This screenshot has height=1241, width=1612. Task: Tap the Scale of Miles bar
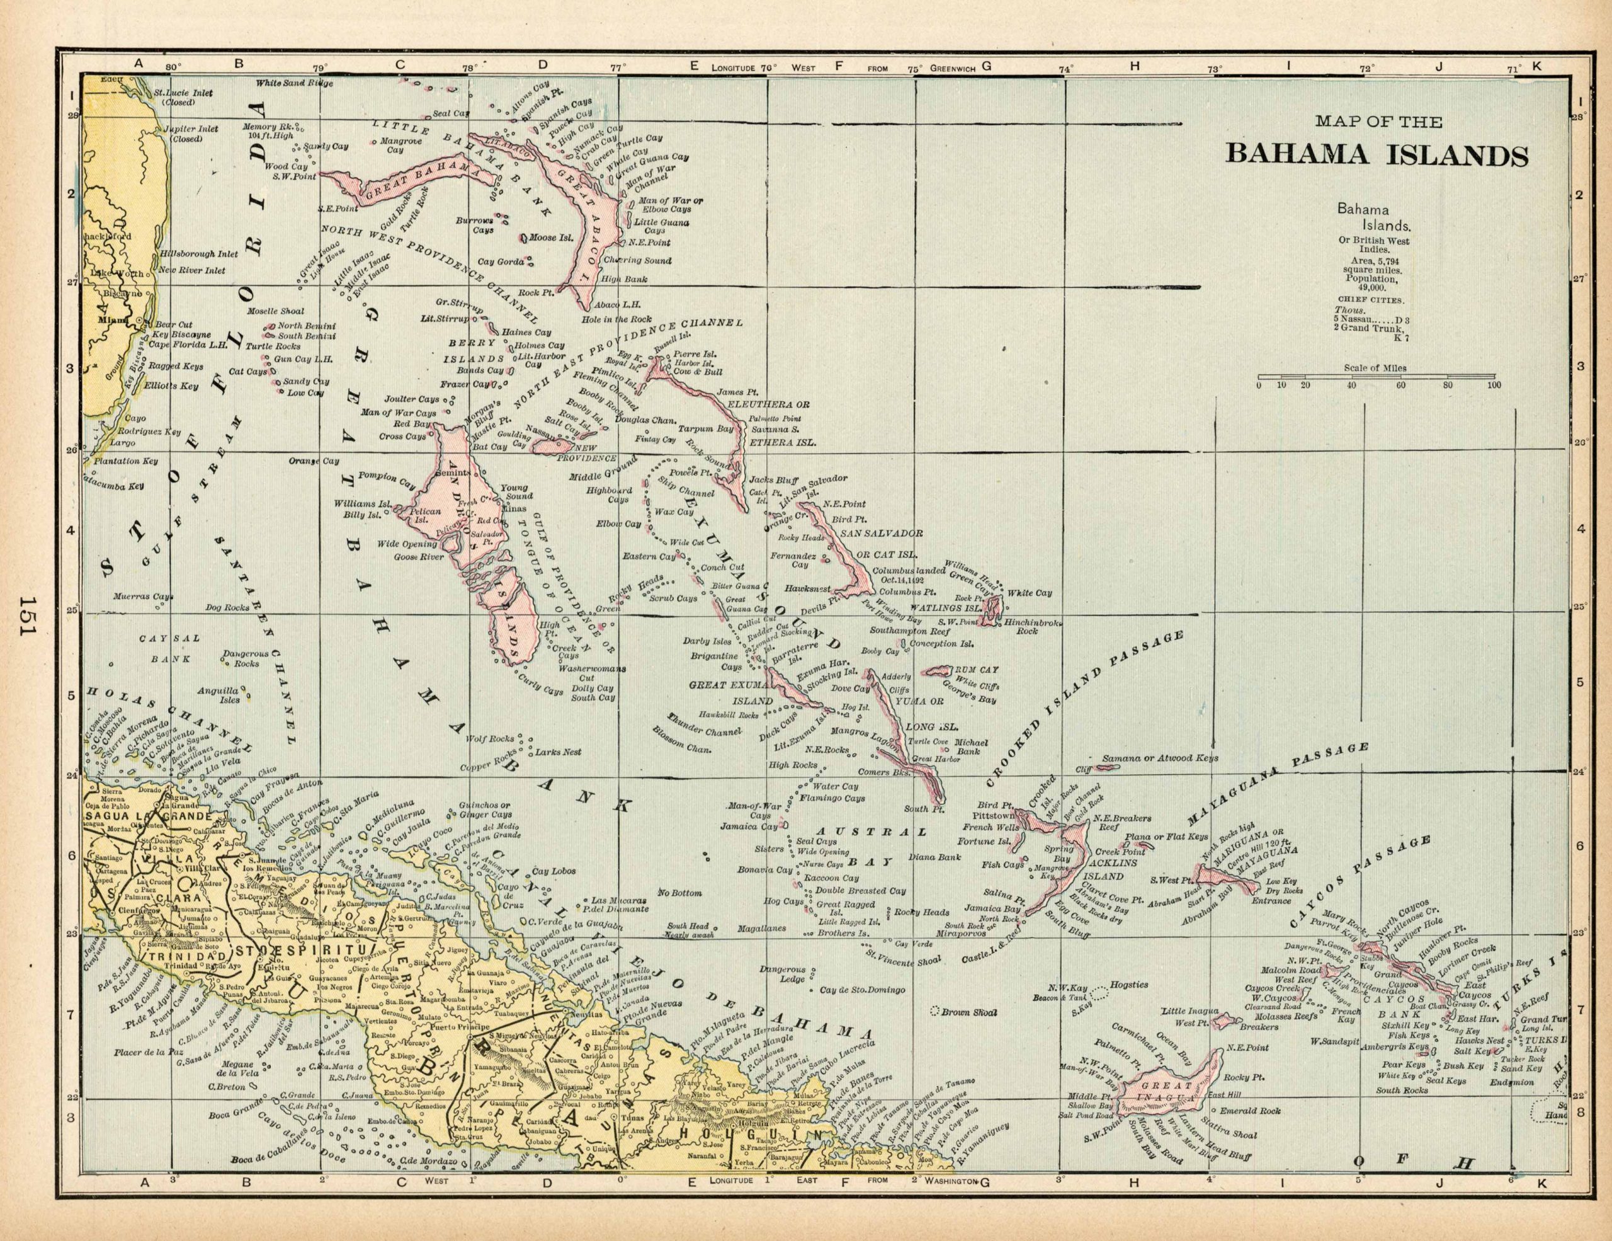(x=1376, y=377)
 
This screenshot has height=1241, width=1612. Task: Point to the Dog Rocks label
(x=227, y=609)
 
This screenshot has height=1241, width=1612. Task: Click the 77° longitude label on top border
(x=618, y=67)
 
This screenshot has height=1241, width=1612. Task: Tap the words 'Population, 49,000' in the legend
(x=1371, y=284)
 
